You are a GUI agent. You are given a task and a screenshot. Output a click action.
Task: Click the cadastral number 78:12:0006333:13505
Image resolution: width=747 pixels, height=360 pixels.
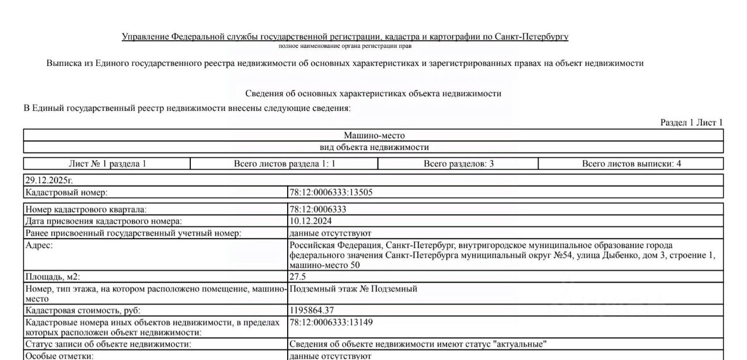tap(330, 193)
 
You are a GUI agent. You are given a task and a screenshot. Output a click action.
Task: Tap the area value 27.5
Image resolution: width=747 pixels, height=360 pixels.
tap(298, 277)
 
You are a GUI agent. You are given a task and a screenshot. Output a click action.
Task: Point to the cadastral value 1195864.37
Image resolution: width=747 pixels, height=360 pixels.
tap(312, 310)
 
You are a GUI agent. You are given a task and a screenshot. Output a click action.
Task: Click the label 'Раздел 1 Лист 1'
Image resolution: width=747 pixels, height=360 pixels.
tap(691, 123)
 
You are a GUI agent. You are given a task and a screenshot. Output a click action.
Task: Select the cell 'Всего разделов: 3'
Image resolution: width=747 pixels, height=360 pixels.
tap(458, 164)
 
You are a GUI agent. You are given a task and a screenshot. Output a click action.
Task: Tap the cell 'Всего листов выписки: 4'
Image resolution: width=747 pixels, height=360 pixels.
tap(631, 164)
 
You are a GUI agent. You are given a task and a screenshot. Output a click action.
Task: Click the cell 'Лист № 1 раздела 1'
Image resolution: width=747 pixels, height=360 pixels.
tap(107, 164)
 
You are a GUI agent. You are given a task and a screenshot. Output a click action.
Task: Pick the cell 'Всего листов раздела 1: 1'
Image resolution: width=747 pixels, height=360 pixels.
tap(284, 164)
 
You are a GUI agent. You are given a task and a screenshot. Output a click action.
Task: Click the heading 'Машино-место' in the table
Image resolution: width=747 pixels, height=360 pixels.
tap(373, 135)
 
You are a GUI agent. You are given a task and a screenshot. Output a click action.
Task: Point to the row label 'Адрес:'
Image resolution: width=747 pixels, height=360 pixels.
tap(39, 246)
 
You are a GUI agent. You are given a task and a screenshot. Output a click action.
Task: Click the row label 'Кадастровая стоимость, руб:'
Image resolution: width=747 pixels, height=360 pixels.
tap(82, 310)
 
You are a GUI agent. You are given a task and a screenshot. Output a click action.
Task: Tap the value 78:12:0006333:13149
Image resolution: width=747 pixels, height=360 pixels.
tap(330, 322)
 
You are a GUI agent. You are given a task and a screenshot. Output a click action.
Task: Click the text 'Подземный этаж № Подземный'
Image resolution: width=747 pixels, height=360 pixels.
tap(353, 289)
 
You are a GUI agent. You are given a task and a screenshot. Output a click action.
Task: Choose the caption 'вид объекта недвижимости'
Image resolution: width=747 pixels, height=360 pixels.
tap(373, 147)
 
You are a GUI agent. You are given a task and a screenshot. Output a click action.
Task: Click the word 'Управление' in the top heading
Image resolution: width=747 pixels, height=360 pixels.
tap(145, 37)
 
